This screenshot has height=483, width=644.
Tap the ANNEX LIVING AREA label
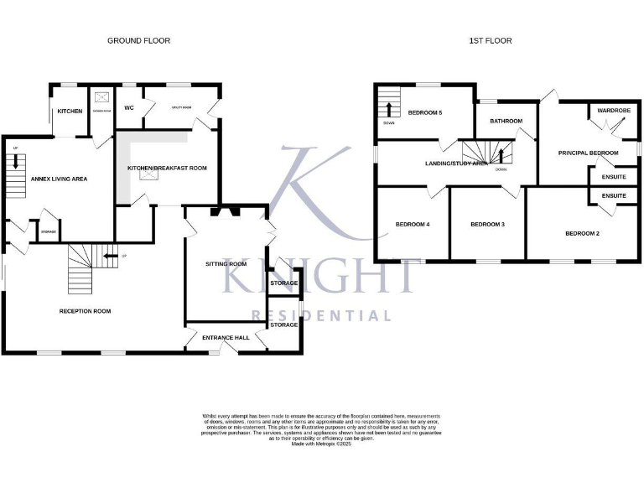(x=59, y=179)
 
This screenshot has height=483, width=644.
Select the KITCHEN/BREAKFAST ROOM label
(x=167, y=168)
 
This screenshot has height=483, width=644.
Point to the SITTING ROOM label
(x=226, y=263)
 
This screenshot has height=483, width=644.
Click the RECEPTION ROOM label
(x=85, y=311)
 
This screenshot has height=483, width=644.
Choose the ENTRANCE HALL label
(x=226, y=337)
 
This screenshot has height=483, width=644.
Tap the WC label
(x=129, y=108)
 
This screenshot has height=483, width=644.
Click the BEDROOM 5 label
(x=425, y=112)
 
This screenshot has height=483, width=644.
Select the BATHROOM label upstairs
(x=506, y=121)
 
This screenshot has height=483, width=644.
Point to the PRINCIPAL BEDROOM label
(x=588, y=153)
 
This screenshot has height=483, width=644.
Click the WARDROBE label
(x=614, y=110)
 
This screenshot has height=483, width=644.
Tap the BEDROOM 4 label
(x=413, y=224)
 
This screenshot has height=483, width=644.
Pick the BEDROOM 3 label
(x=487, y=224)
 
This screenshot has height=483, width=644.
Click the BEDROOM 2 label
(x=582, y=233)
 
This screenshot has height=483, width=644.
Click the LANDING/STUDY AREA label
(x=456, y=164)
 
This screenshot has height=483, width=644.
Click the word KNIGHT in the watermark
(x=320, y=275)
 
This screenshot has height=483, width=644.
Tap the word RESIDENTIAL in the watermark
(x=321, y=316)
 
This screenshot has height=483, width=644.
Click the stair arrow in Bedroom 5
(x=389, y=109)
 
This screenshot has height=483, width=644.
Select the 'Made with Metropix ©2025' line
(x=321, y=443)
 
